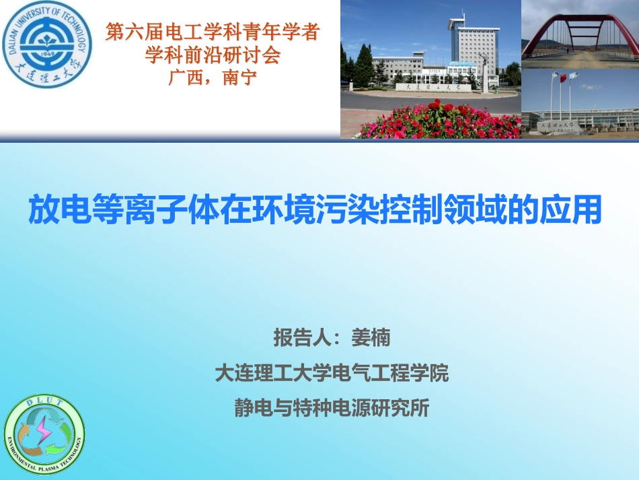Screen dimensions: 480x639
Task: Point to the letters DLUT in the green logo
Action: [x=44, y=403]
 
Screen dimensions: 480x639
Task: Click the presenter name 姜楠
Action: [x=371, y=337]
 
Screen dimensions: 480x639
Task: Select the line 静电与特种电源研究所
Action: [x=331, y=409]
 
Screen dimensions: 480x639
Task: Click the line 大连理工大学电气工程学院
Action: [x=331, y=373]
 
